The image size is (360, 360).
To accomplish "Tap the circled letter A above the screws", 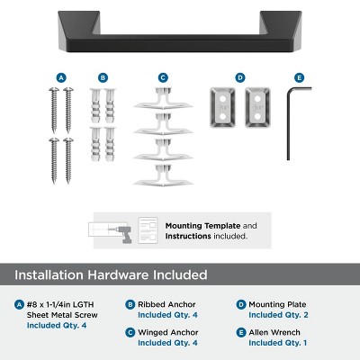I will tap(60, 78).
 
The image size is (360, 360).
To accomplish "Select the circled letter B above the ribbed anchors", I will tap(103, 78).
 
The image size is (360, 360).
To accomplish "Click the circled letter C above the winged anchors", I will tap(163, 78).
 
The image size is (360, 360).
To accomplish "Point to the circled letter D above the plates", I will tap(240, 78).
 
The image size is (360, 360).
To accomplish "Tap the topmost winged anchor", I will tap(163, 100).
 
